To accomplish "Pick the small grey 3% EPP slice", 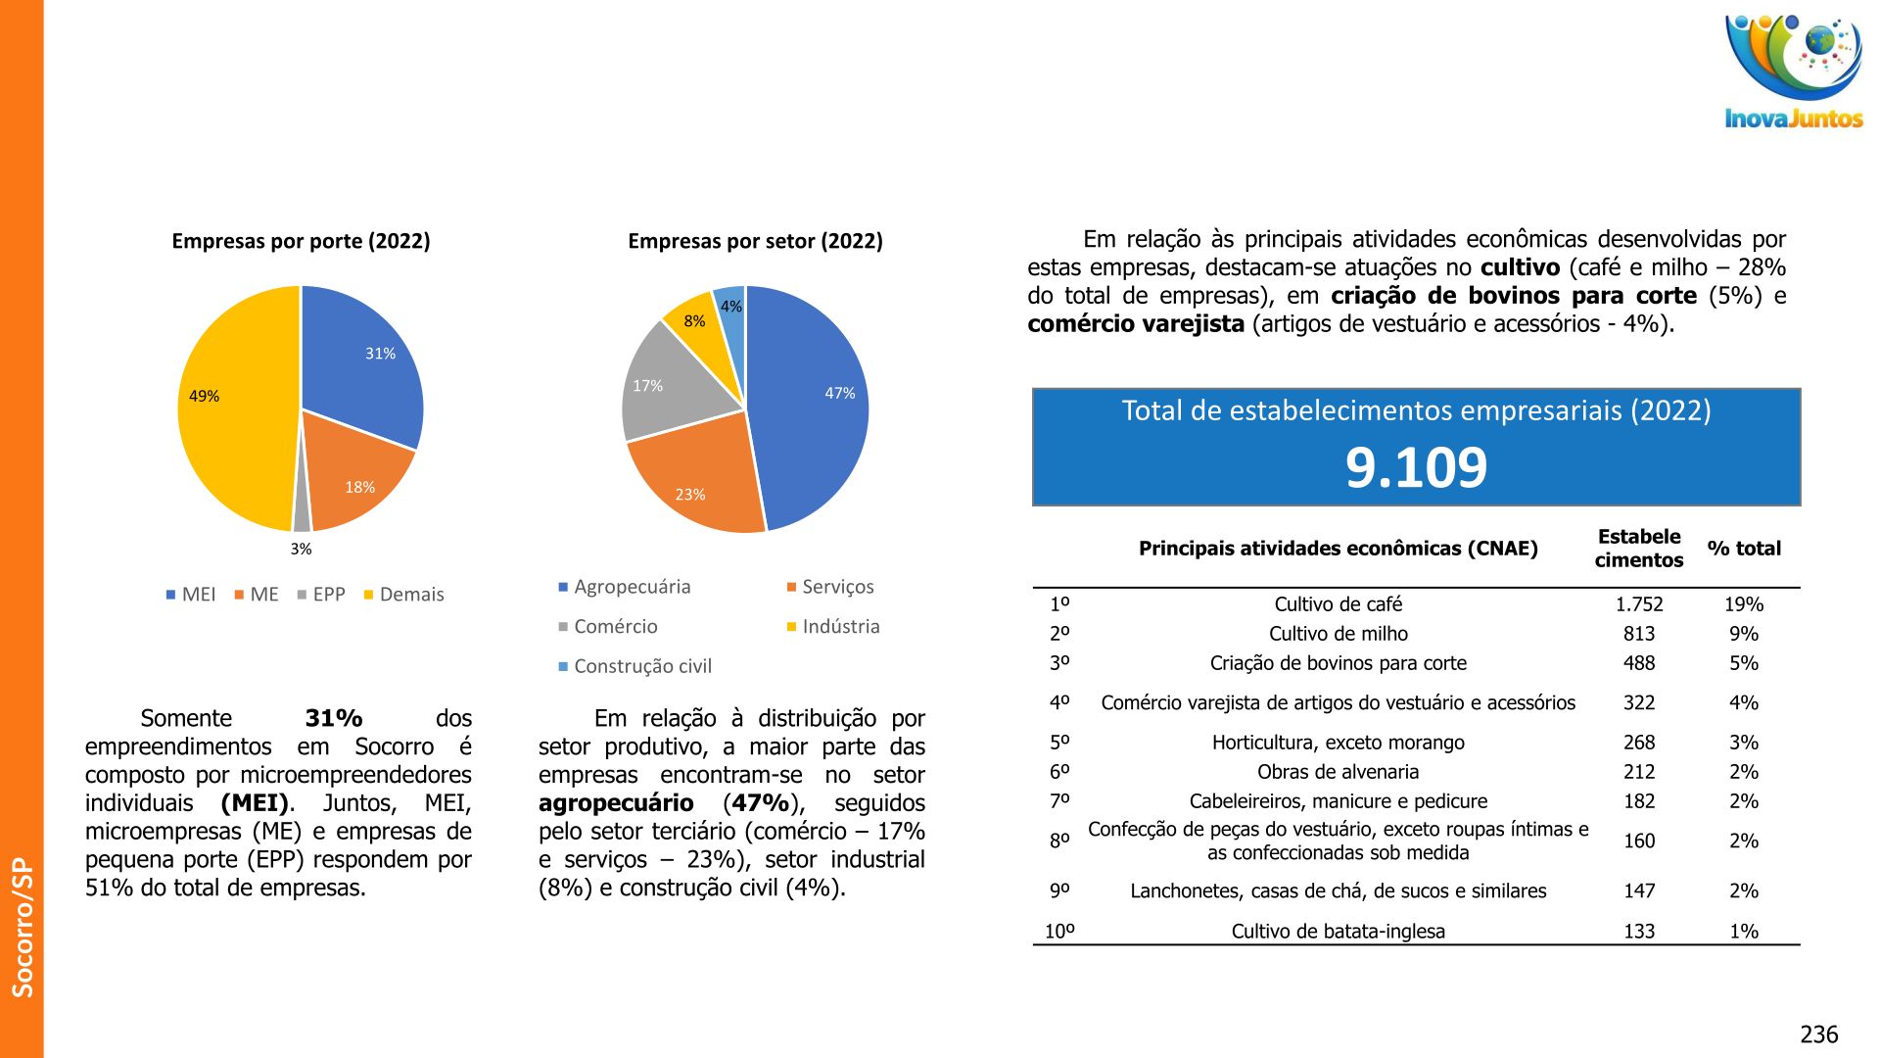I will coord(302,520).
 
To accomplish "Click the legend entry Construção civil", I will coord(642,666).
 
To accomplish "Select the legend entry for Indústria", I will coord(840,626).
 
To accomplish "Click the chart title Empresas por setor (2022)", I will coord(755,241).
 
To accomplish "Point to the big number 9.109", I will coord(1416,467).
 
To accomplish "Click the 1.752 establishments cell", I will coord(1638,604).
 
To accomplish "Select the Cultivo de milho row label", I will coord(1338,634).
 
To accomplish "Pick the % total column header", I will coord(1743,549).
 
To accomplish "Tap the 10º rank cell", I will coord(1059,931).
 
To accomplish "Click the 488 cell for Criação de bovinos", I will coord(1638,663).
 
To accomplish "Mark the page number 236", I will coord(1818,1034).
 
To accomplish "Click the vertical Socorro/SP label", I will coord(23,927).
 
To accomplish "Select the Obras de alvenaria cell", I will coord(1338,772).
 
